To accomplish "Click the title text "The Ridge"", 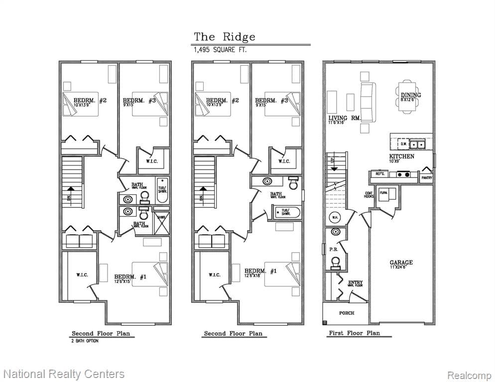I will [225, 37].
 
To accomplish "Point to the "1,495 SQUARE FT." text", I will [220, 50].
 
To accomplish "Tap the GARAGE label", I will [401, 263].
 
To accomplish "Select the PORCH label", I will [347, 313].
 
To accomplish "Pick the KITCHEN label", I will [401, 157].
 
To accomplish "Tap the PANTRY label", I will [426, 178].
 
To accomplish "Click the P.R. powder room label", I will [333, 249].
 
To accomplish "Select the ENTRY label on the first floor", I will [355, 283].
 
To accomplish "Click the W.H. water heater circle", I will [335, 217].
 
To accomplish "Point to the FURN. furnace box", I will [384, 192].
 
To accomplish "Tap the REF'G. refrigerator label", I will [379, 174].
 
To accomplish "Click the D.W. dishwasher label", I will [403, 144].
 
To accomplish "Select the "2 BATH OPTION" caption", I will [85, 341].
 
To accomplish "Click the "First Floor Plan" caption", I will [354, 333].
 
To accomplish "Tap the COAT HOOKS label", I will [369, 195].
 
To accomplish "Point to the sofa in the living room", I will [368, 102].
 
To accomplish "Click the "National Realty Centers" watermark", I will [64, 374].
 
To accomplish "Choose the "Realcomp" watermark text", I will [469, 375].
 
